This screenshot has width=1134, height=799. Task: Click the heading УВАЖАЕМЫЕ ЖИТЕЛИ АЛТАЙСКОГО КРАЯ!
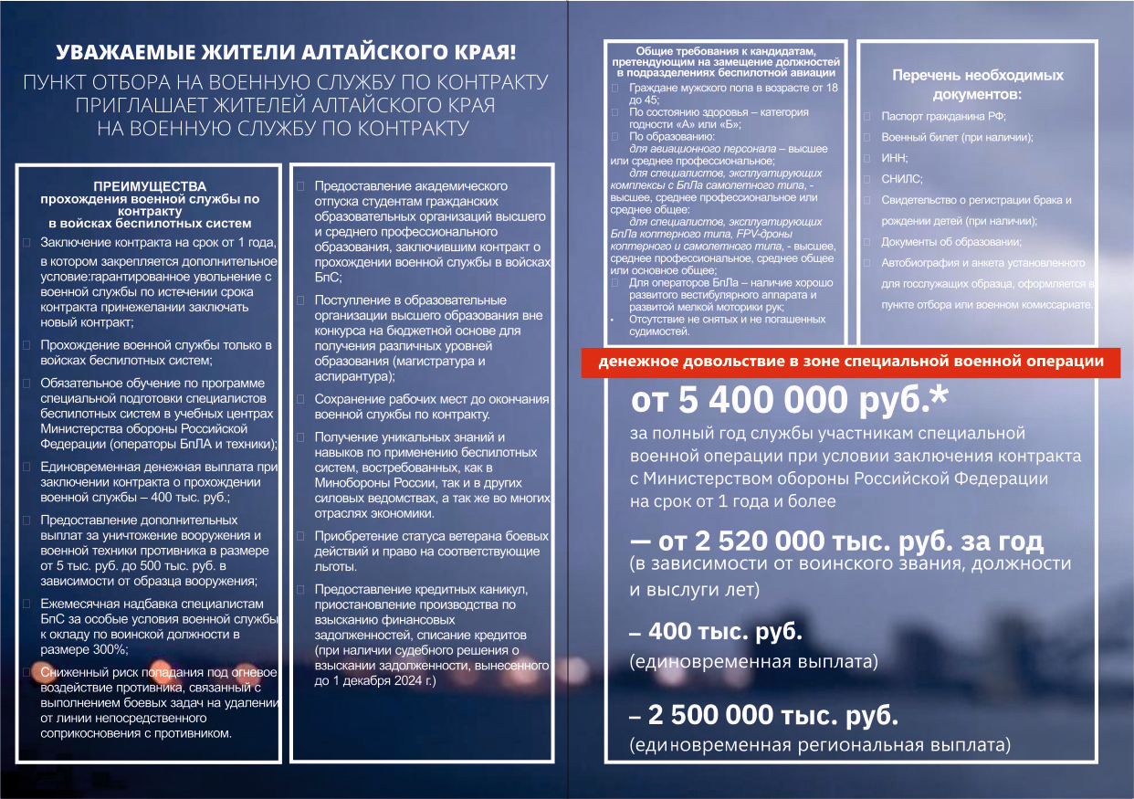point(286,53)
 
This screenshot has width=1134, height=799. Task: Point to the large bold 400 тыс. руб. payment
point(725,632)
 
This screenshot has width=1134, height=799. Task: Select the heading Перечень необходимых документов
point(977,85)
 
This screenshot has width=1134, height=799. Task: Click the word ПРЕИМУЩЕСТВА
point(150,185)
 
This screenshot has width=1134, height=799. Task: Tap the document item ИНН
point(895,157)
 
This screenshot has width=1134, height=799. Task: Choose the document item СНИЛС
point(902,179)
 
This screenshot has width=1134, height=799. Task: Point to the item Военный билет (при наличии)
point(957,137)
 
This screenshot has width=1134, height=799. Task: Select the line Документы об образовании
point(950,242)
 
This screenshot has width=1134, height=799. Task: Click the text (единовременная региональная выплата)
point(820,746)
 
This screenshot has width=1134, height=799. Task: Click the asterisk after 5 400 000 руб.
point(937,397)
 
